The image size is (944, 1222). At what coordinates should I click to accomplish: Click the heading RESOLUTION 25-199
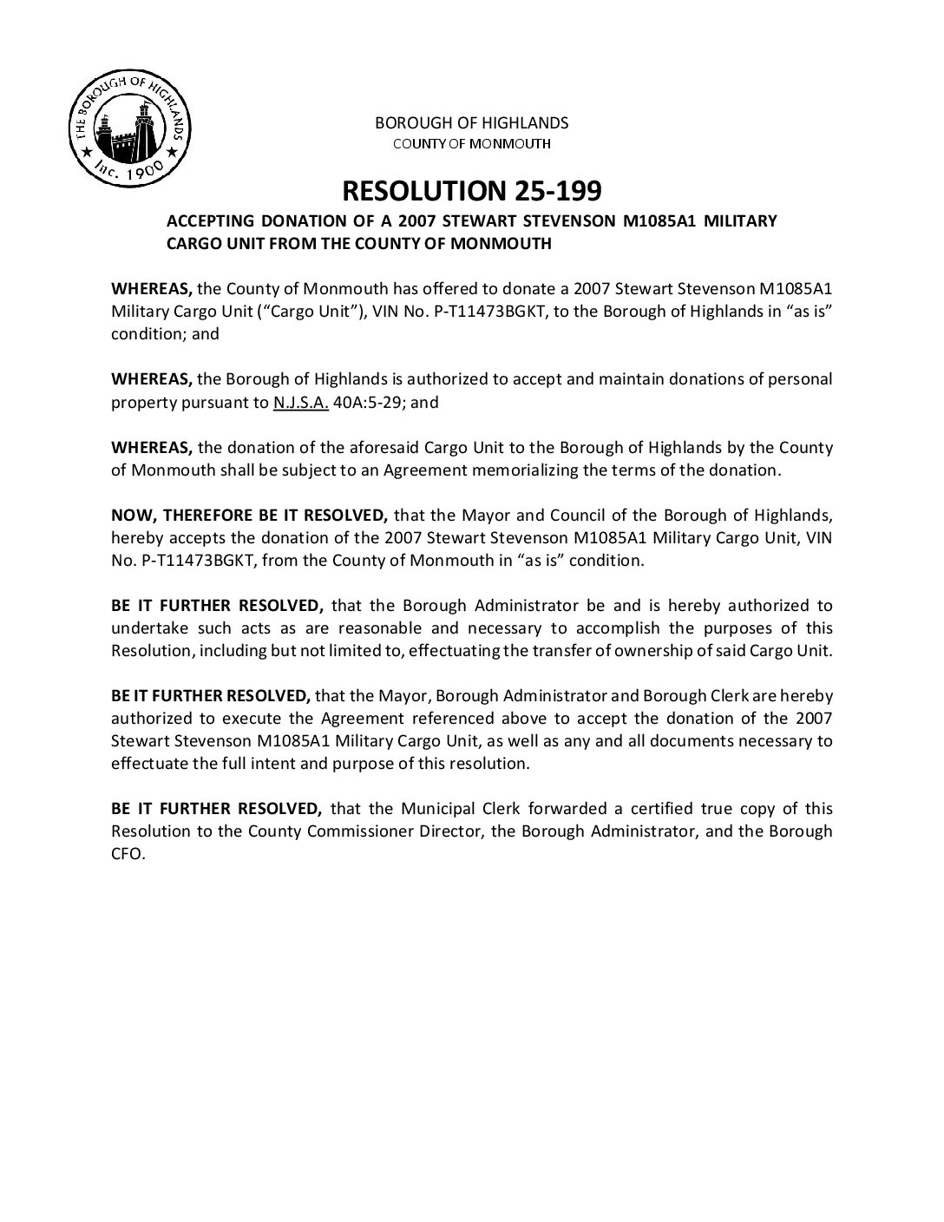[472, 190]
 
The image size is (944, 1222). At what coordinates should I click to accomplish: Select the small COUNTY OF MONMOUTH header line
[471, 143]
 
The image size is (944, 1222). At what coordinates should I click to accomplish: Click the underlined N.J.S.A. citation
[301, 402]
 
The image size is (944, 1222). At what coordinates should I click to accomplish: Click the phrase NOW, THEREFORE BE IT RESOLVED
[249, 515]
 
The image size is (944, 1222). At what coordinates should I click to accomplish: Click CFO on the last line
[128, 853]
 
